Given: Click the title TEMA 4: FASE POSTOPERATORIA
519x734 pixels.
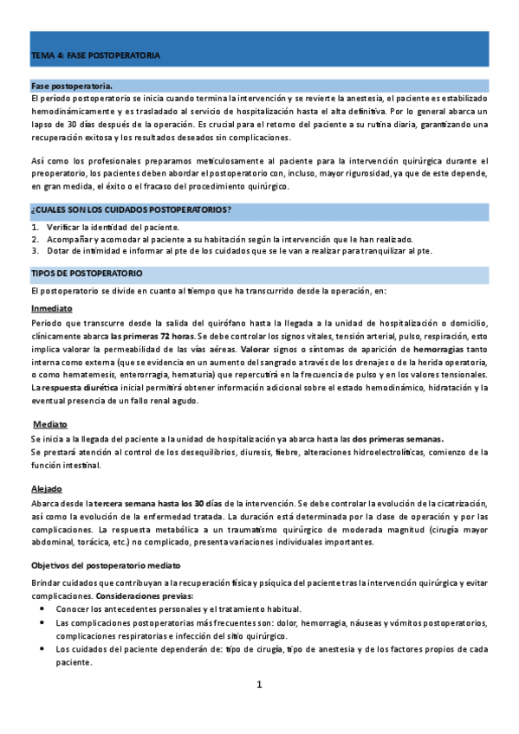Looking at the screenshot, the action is [95, 55].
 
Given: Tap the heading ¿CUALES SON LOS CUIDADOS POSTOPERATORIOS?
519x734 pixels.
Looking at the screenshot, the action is [130, 209].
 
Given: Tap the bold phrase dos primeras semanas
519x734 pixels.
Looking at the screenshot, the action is [399, 440].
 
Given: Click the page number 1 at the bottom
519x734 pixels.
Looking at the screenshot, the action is [258, 685].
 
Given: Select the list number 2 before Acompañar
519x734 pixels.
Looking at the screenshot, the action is [34, 239].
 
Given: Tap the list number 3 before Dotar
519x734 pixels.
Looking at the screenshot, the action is [34, 251].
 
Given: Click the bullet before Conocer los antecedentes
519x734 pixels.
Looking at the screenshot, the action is [43, 609].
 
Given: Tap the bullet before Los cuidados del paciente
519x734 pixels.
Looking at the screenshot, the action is [43, 648].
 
